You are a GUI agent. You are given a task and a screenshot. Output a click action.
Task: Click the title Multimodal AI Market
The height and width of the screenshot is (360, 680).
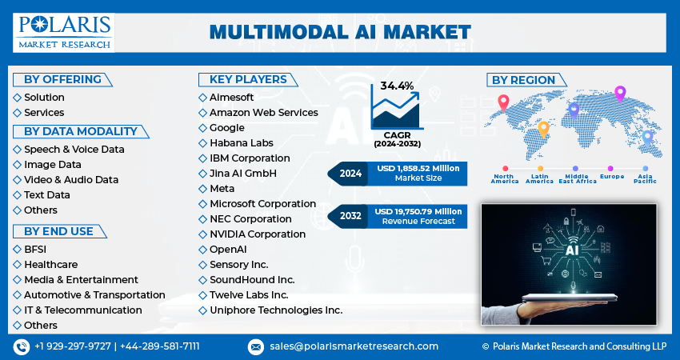[x=340, y=32]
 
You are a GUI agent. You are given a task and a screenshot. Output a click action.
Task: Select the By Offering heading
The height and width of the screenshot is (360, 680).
[x=62, y=79]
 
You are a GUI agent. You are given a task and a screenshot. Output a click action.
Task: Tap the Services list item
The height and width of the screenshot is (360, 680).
[x=44, y=113]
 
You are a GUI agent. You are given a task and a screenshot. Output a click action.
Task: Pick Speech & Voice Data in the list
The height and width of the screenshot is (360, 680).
[x=74, y=150]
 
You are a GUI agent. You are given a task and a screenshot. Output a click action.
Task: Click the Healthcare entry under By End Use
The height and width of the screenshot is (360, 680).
[x=50, y=265]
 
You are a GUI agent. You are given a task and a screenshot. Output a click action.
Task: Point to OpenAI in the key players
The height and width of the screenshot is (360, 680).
[x=227, y=250]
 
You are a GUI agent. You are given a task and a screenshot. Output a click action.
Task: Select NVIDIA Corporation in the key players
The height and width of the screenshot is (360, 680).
[x=258, y=234]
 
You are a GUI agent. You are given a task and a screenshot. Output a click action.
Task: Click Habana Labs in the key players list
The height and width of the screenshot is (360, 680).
[x=241, y=143]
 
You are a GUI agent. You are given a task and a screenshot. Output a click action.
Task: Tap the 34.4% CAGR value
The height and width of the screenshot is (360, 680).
[x=398, y=86]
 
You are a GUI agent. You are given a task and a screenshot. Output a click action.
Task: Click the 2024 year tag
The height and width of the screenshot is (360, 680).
[x=350, y=173]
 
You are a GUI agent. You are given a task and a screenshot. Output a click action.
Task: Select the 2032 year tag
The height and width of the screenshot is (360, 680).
[x=350, y=216]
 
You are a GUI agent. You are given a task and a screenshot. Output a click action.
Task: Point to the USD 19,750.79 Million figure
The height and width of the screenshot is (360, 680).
[x=417, y=211]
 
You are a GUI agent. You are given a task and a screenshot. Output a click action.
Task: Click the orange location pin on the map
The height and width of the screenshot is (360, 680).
[x=543, y=128]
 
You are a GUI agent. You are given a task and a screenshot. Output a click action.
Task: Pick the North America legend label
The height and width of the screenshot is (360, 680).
[x=506, y=178]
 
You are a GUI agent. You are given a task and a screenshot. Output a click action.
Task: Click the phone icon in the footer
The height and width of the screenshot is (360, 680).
[x=22, y=346]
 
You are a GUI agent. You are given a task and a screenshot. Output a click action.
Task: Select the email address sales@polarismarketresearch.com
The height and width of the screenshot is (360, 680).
[x=354, y=346]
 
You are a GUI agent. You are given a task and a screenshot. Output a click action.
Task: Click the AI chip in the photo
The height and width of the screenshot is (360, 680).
[x=572, y=250]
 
